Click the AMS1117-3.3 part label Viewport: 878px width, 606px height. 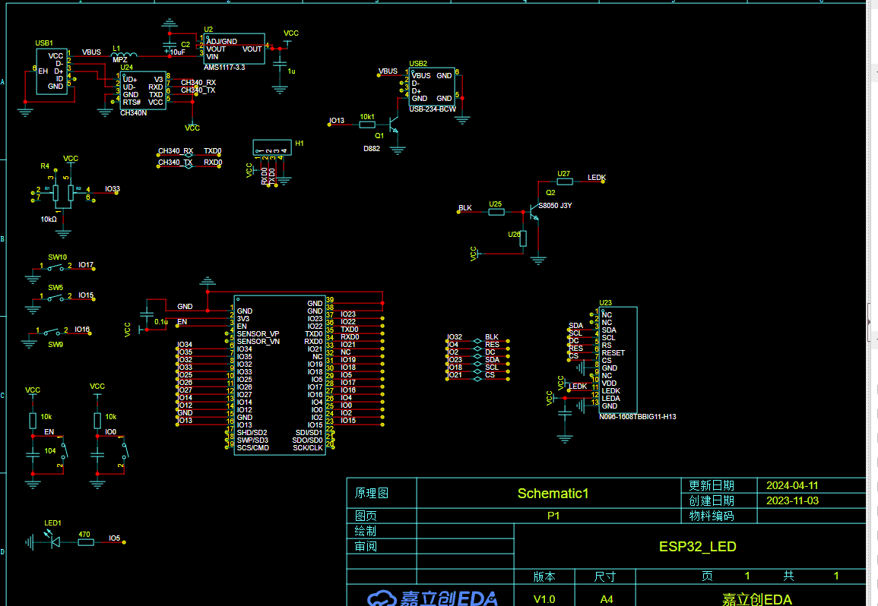point(224,68)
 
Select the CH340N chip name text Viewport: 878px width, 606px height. point(133,113)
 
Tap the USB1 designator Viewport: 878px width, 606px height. point(44,43)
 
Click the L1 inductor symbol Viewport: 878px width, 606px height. point(125,55)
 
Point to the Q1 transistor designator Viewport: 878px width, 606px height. point(379,134)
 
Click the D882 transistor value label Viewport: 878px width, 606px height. point(372,149)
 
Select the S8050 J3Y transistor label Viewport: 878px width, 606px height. point(555,205)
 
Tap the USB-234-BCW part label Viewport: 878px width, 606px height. point(433,109)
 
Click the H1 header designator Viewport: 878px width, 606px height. point(300,143)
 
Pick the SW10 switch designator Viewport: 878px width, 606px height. point(58,257)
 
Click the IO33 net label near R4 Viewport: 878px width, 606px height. point(113,189)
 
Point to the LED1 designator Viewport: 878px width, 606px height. point(52,523)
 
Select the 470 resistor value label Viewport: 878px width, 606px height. point(85,534)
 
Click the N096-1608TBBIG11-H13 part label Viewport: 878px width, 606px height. point(637,417)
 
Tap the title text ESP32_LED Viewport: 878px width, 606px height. point(697,546)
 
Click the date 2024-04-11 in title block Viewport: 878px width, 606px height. point(792,485)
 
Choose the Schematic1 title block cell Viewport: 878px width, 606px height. point(553,493)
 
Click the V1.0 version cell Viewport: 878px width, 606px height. point(544,599)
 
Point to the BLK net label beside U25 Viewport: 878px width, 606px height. point(465,207)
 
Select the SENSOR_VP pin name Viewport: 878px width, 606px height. point(258,334)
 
